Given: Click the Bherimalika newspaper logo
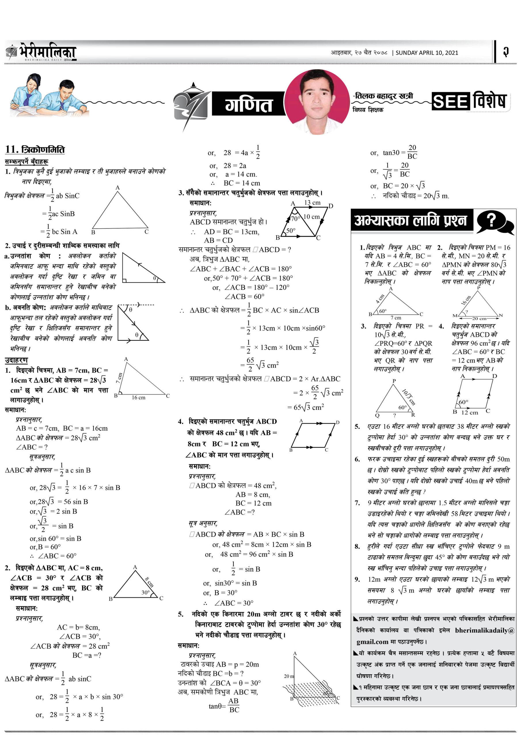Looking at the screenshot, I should click(41, 52).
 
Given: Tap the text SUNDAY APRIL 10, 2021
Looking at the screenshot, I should click(427, 53).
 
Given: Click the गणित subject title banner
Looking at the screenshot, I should click(248, 104).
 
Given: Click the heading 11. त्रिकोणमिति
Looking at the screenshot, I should click(35, 149).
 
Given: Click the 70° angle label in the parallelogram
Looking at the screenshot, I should click(295, 219).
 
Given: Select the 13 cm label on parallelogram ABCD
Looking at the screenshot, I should click(312, 203).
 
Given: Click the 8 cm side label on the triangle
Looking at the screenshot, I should click(149, 582).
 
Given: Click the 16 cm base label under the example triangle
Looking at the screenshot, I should click(138, 397).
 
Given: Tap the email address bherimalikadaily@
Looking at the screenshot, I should click(484, 630).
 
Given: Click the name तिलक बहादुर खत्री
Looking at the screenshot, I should click(383, 96).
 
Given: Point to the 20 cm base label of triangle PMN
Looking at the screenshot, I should click(479, 318).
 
